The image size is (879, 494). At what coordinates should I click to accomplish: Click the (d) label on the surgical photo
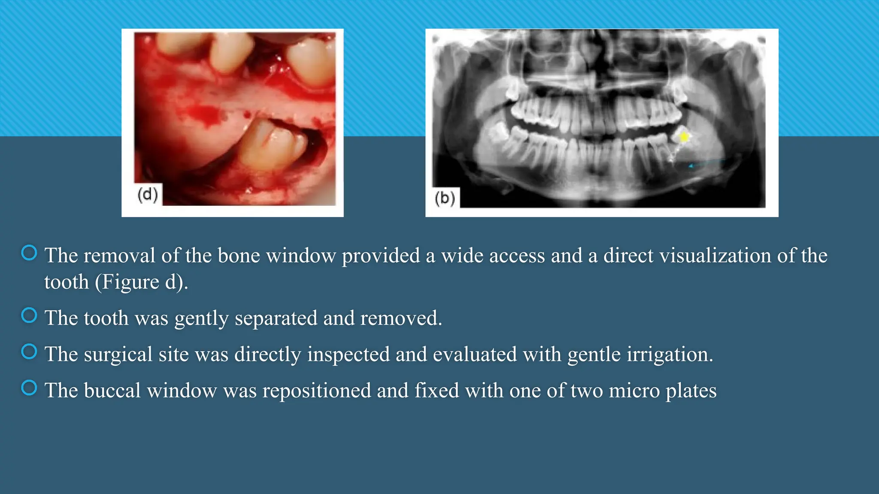point(148,195)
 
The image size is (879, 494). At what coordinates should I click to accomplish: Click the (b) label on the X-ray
point(445,198)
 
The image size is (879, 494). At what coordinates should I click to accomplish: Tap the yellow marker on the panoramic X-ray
point(684,137)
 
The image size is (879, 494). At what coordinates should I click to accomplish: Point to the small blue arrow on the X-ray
point(691,166)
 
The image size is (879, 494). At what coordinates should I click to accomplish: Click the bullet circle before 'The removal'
point(29,253)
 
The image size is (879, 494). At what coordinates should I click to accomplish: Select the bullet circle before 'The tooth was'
point(29,316)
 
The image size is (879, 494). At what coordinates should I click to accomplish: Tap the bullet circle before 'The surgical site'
point(29,352)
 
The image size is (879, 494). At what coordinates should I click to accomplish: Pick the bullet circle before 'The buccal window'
point(29,388)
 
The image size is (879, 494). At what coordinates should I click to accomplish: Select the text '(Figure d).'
point(141,282)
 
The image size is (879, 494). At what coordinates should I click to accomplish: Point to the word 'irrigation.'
point(670,355)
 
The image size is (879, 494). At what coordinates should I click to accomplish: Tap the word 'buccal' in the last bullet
point(112,391)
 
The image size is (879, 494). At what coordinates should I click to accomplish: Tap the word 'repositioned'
point(316,391)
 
